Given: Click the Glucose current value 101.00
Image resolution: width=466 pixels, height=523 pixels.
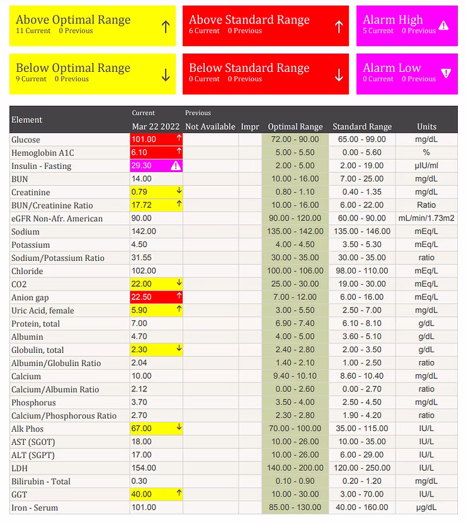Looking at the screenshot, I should (x=144, y=140).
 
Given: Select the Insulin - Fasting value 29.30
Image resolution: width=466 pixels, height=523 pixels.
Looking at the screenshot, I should (x=142, y=166).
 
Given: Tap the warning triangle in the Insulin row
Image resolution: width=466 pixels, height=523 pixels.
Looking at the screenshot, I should (x=176, y=166).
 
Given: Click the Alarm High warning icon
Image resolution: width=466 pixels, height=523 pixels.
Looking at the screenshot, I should (x=443, y=26).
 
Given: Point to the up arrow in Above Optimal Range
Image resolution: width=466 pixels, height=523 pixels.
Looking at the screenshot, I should (x=166, y=26).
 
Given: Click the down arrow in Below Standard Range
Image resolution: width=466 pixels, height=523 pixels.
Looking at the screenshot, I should (x=339, y=75).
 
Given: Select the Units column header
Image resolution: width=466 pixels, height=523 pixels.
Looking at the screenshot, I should (x=426, y=127).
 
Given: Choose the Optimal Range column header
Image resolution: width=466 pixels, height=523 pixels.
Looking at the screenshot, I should (x=295, y=127).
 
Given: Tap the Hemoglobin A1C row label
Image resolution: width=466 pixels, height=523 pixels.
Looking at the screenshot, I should (x=42, y=153).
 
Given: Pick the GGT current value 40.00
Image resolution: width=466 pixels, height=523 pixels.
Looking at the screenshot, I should (x=142, y=495).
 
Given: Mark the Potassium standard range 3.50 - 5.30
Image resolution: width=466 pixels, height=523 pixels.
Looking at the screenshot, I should (x=361, y=244).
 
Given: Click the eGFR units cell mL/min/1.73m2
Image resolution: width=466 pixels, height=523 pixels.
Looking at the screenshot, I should (x=426, y=219).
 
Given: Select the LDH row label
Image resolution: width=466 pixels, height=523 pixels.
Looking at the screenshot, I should (x=20, y=468).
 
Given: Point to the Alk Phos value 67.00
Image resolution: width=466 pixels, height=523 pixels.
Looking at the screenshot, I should (x=142, y=428).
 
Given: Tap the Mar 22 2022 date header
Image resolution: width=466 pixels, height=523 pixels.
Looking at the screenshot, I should (x=156, y=127).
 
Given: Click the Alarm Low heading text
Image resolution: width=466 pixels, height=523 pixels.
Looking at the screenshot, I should (x=391, y=68).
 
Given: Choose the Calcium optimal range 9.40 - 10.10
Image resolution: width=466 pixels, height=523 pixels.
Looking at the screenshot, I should (x=295, y=376).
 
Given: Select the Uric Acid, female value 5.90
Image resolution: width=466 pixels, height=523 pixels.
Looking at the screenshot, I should (x=140, y=311).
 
